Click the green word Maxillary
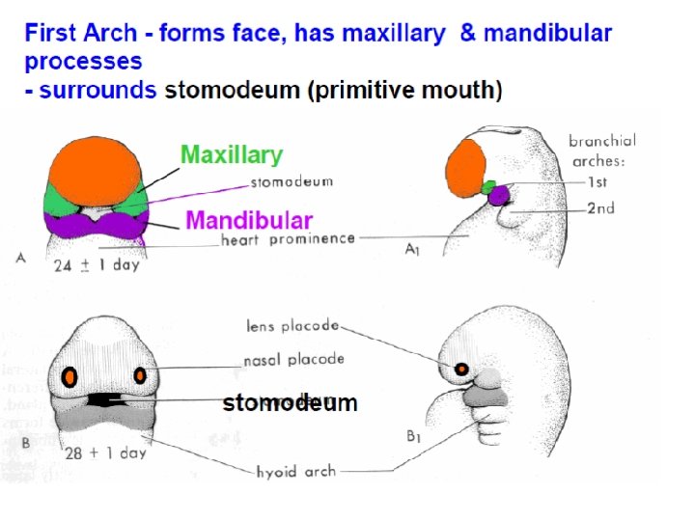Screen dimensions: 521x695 point(232,154)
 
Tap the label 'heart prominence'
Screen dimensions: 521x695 point(288,238)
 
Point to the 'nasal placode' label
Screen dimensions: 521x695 point(293,359)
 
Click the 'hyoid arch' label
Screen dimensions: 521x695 point(295,471)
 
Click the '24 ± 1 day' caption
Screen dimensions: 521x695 point(97,264)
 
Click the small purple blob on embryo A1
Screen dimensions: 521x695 point(498,197)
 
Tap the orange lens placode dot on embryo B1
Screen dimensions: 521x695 point(462,369)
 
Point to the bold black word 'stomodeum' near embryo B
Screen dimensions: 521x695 point(290,403)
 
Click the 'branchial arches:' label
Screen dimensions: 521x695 point(602,150)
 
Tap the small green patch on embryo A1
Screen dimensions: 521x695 point(489,186)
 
